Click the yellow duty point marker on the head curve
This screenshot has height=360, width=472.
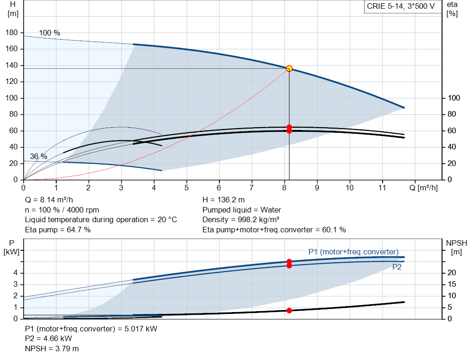point(289,69)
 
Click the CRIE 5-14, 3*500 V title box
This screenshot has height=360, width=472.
point(401,6)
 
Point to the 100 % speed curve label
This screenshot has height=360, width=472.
point(49,33)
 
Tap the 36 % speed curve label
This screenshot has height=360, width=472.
point(39,156)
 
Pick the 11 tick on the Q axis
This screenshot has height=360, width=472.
point(382,188)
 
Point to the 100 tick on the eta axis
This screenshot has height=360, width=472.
point(454,98)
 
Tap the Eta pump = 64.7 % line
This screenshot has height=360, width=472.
point(58,230)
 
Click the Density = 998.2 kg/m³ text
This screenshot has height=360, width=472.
point(241,219)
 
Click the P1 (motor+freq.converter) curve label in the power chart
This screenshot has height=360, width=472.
point(353,252)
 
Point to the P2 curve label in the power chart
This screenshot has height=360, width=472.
point(397,267)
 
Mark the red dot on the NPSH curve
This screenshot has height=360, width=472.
point(289,311)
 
